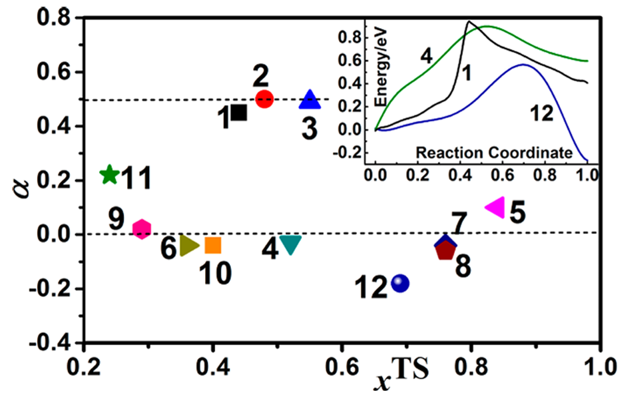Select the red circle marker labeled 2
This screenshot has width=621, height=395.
264,98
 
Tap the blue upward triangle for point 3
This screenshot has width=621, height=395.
310,100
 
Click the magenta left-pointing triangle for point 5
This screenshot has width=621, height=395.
495,207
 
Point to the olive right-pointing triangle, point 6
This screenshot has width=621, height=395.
189,246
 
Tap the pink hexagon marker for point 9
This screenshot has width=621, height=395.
142,228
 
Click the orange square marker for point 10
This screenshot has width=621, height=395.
213,245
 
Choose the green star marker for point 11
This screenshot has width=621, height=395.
109,175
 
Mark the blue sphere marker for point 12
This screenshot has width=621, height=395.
400,283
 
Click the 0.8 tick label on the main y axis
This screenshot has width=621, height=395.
54,18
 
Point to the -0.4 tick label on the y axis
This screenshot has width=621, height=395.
50,343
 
